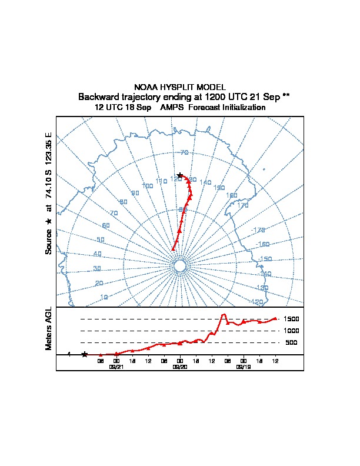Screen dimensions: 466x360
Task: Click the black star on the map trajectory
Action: [x=180, y=175]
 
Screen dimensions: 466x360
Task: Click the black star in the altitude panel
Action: [x=85, y=354]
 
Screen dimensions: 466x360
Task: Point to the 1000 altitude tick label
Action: [x=292, y=331]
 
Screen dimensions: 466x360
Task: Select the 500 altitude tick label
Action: [x=291, y=342]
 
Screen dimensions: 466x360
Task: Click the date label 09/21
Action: [x=116, y=367]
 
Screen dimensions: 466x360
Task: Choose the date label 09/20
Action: [x=180, y=367]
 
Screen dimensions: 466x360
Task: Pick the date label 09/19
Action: [x=243, y=367]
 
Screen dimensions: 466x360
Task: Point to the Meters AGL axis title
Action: [x=49, y=328]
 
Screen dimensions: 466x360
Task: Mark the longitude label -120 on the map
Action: [x=256, y=302]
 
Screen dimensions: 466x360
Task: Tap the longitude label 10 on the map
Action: [x=104, y=297]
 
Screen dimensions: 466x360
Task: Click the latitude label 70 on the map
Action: [x=184, y=153]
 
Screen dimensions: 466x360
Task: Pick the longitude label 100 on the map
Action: [x=147, y=186]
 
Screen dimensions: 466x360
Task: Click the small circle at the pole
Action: [x=180, y=266]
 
